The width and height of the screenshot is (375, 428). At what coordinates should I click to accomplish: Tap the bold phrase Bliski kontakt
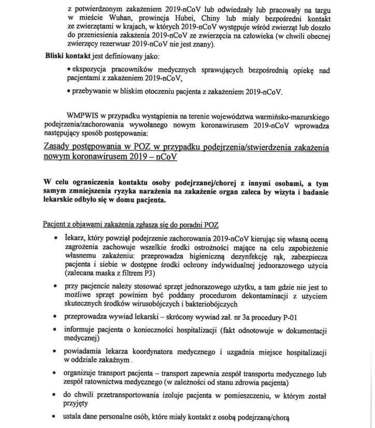point(69,56)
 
